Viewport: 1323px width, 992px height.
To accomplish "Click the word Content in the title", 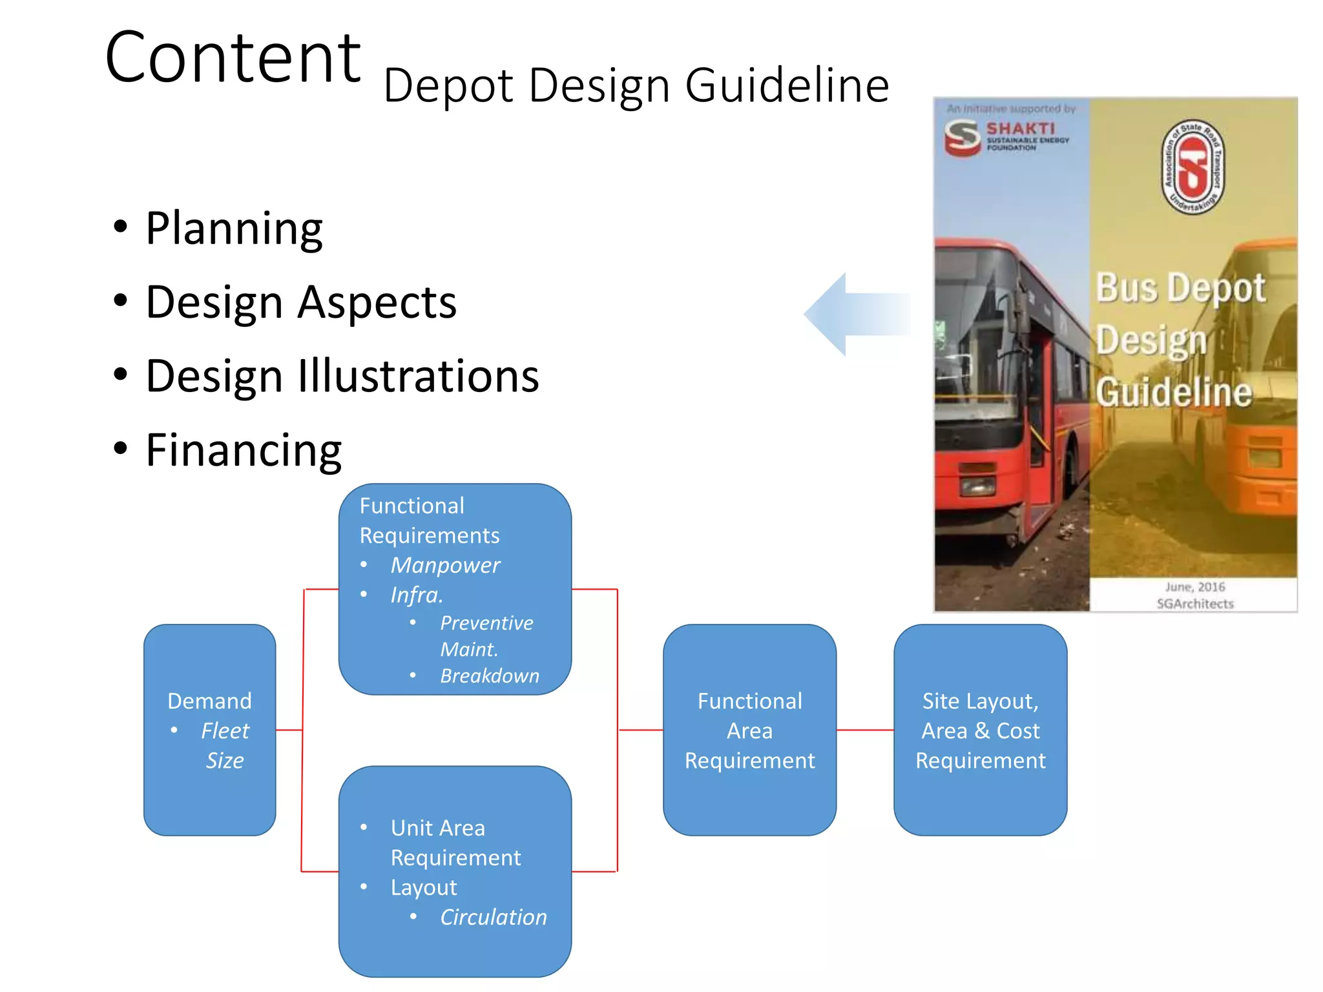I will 233,58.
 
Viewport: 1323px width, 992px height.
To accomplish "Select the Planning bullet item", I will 234,229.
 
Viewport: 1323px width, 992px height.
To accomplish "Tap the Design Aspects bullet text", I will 301,302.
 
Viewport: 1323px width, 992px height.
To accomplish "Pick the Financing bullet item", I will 244,450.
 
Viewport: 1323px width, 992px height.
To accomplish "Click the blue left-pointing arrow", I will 853,315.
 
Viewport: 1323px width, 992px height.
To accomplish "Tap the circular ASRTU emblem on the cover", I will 1193,167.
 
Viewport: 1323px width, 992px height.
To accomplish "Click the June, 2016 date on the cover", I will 1194,587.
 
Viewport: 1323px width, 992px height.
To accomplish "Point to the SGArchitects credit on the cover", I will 1194,604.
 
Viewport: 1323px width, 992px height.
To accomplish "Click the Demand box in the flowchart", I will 209,730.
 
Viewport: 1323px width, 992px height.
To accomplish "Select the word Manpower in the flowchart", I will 445,565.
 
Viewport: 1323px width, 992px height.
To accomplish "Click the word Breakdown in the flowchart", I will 489,676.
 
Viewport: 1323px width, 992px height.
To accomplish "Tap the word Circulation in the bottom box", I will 493,917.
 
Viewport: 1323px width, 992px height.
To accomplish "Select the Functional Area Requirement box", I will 749,730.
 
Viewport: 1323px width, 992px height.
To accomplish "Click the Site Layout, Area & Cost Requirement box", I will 980,730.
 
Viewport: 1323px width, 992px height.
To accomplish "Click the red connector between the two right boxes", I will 865,730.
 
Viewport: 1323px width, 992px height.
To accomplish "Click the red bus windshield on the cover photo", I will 979,336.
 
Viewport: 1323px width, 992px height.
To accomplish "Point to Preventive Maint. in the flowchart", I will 486,636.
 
